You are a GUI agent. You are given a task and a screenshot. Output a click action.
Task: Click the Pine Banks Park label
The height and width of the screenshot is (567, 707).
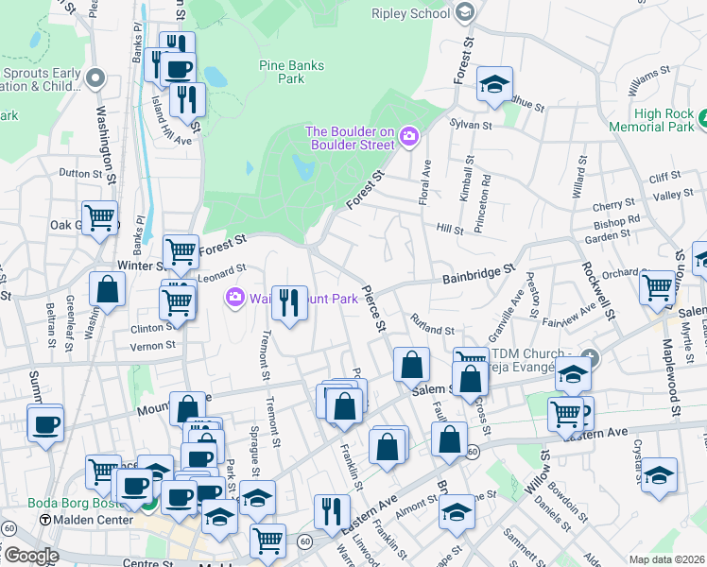[x=291, y=72]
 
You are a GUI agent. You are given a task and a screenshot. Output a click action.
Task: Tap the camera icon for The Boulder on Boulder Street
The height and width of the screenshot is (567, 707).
[x=408, y=137]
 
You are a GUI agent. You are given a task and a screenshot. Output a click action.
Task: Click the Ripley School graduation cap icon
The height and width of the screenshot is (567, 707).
[x=464, y=12]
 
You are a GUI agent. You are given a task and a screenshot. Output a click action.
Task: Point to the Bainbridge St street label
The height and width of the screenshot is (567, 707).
[x=478, y=275]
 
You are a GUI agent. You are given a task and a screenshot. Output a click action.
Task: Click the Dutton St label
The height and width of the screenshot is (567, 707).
[x=79, y=173]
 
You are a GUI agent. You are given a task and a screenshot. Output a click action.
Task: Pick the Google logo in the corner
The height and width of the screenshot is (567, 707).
[x=30, y=555]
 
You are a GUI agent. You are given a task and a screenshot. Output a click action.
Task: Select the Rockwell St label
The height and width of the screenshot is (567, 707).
[x=589, y=269]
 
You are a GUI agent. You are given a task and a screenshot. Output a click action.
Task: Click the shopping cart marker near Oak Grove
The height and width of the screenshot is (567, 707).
[x=99, y=218]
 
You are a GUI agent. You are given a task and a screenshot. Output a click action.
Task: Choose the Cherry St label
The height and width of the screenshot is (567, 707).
[x=612, y=205]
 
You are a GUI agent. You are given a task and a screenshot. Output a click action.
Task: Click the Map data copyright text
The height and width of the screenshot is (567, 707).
[x=665, y=559]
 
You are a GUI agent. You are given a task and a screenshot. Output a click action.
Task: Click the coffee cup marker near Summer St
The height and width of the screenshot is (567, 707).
[x=45, y=424]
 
